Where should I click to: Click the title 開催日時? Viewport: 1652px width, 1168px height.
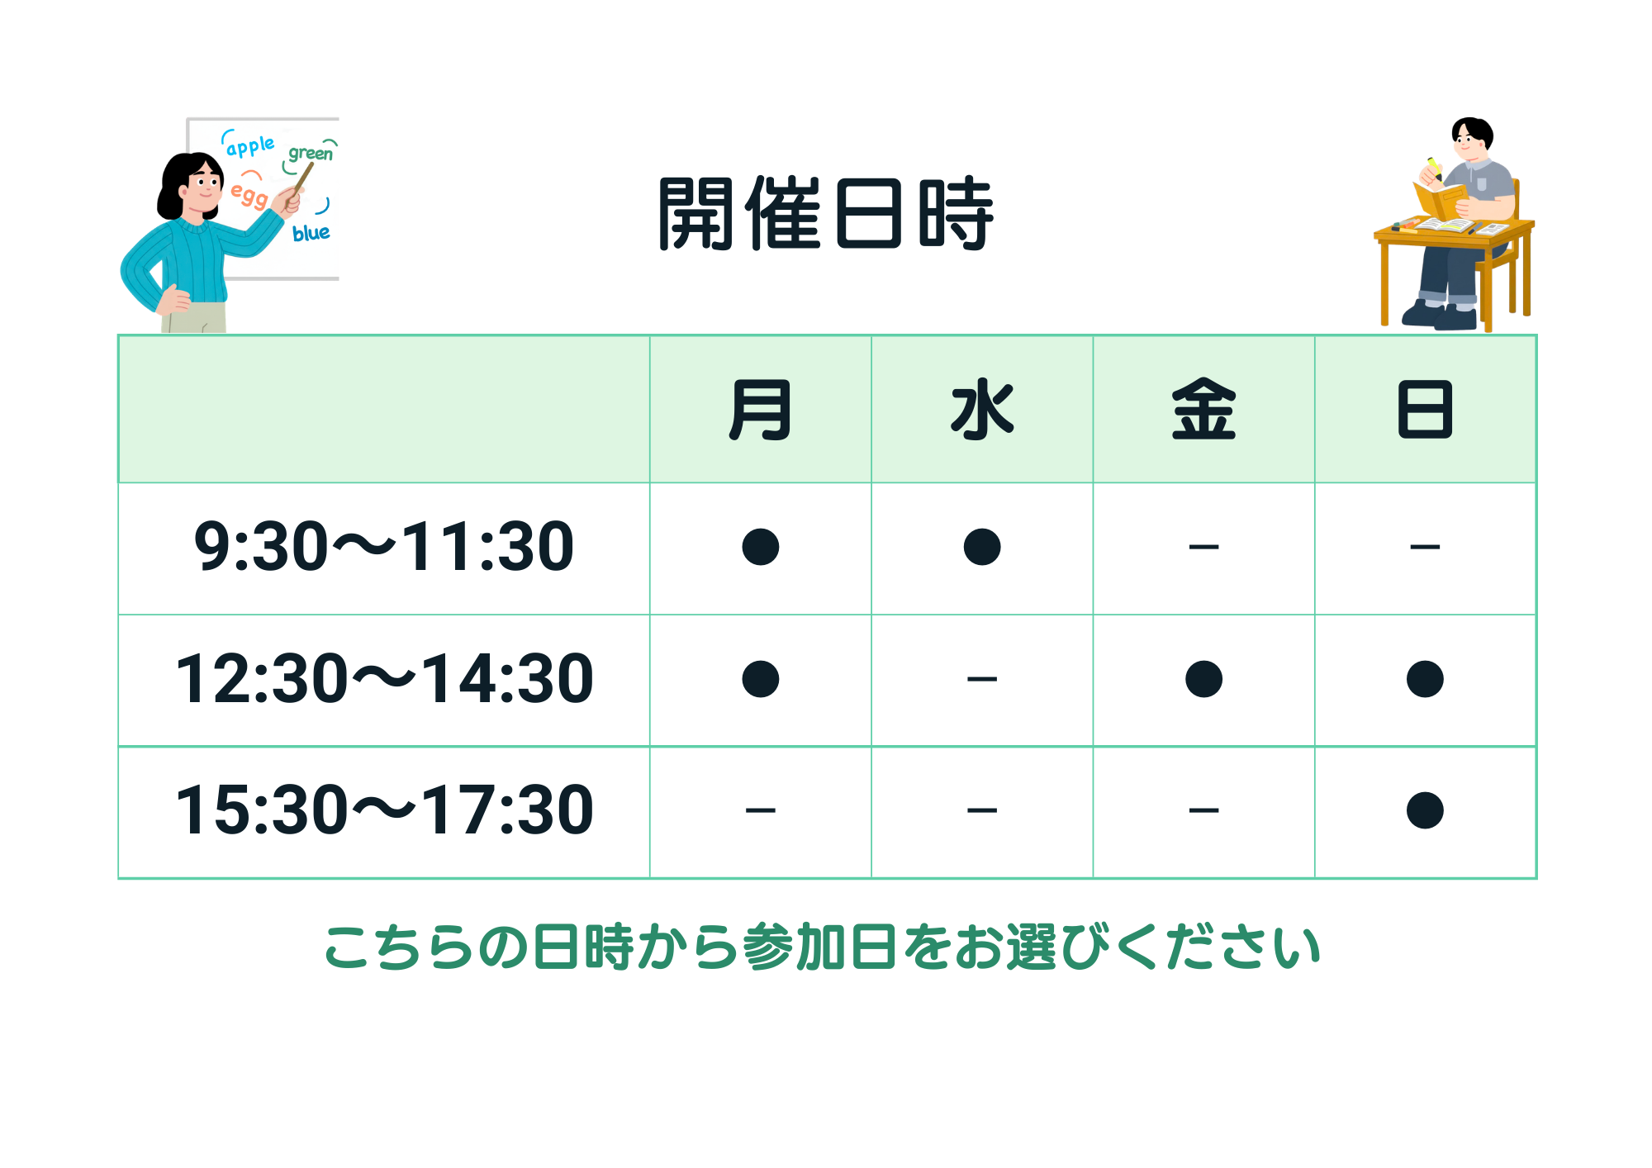pos(826,213)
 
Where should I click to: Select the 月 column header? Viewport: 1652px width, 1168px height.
pos(760,409)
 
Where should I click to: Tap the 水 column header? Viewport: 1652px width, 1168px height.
pos(982,409)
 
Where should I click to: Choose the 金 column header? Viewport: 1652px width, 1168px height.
pos(1203,409)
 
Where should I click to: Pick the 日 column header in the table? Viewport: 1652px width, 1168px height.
pos(1425,409)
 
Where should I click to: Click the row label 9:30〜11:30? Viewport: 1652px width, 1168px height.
pos(384,546)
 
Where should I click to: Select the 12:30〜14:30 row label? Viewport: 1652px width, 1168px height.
pos(384,678)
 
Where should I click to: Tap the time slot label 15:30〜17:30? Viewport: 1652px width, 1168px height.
pos(384,810)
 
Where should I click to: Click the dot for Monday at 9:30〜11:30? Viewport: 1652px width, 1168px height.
pos(761,547)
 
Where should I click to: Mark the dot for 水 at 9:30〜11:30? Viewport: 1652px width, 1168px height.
pos(982,547)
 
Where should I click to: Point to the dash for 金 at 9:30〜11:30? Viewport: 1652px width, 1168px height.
pos(1203,547)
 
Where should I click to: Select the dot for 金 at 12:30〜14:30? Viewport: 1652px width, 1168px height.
pos(1203,679)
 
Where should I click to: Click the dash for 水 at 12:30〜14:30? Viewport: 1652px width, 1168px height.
pos(982,679)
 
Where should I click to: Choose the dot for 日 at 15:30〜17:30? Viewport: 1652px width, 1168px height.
pos(1425,810)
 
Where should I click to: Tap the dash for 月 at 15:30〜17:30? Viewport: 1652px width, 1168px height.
pos(761,810)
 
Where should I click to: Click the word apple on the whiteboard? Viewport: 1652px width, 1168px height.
pos(250,147)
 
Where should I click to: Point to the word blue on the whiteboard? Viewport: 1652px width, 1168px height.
pos(311,233)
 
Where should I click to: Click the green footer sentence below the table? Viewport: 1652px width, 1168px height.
pos(824,947)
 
